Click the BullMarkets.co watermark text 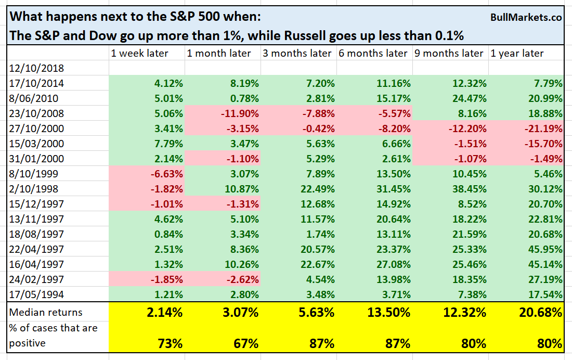tap(526, 18)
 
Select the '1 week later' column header tap(139, 53)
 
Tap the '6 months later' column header tap(373, 53)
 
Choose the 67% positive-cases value tap(241, 343)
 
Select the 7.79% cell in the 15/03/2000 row tap(164, 144)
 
